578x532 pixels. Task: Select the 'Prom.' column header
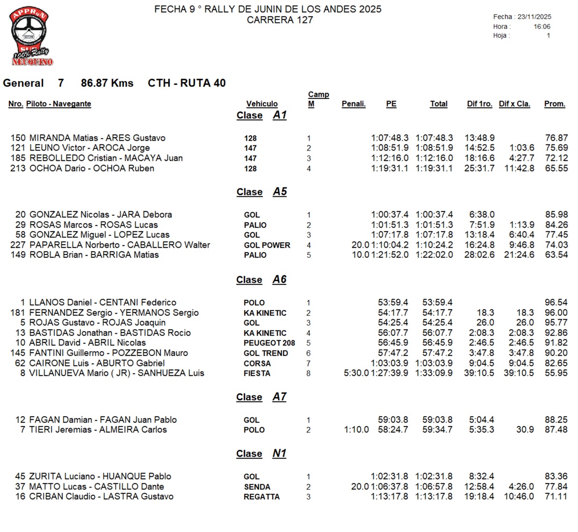pyautogui.click(x=554, y=104)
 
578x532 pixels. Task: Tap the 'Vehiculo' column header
pyautogui.click(x=262, y=104)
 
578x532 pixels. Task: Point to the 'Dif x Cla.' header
pyautogui.click(x=514, y=104)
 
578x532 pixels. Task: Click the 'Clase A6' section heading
pyautogui.click(x=261, y=280)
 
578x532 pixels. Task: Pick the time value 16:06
pyautogui.click(x=542, y=27)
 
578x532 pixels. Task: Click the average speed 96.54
pyautogui.click(x=556, y=302)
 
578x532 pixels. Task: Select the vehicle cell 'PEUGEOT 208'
pyautogui.click(x=269, y=343)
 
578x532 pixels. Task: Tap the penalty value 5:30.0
pyautogui.click(x=356, y=373)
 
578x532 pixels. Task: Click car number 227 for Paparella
pyautogui.click(x=18, y=245)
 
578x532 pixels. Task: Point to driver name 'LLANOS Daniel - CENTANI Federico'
pyautogui.click(x=102, y=302)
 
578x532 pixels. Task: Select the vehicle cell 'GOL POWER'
pyautogui.click(x=267, y=245)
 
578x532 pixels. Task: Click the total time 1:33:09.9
pyautogui.click(x=434, y=373)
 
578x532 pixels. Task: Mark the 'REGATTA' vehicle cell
pyautogui.click(x=261, y=496)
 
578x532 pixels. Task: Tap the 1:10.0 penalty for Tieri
pyautogui.click(x=356, y=430)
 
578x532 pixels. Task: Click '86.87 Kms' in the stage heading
pyautogui.click(x=107, y=83)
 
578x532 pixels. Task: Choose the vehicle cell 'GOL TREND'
pyautogui.click(x=266, y=353)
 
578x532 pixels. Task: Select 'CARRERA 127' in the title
pyautogui.click(x=280, y=20)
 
